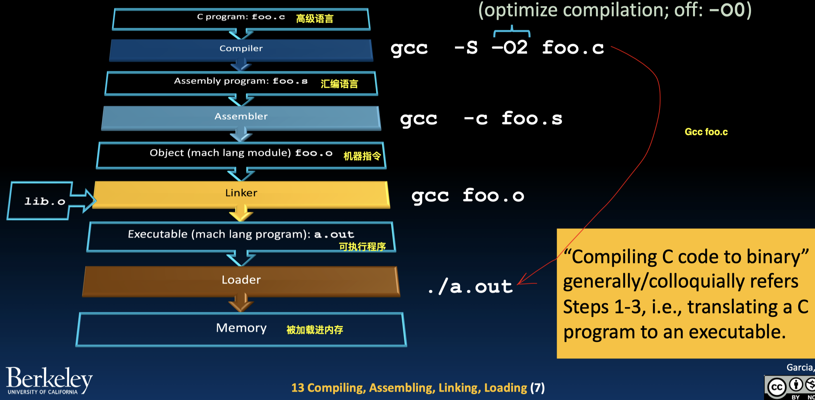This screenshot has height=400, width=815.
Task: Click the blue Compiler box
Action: pyautogui.click(x=241, y=49)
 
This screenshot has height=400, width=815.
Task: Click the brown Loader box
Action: pyautogui.click(x=241, y=280)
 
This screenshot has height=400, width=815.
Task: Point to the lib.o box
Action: pyautogui.click(x=45, y=201)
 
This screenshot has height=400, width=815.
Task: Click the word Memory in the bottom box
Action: pyautogui.click(x=241, y=328)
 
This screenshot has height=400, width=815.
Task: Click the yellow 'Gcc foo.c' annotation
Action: pyautogui.click(x=706, y=132)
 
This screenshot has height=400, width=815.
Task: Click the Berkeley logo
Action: pyautogui.click(x=49, y=380)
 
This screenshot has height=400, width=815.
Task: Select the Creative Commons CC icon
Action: pyautogui.click(x=777, y=387)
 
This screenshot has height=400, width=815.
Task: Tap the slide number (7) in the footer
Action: pyautogui.click(x=537, y=388)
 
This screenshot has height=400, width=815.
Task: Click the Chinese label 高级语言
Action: pyautogui.click(x=315, y=19)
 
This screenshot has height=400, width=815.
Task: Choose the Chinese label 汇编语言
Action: pyautogui.click(x=339, y=84)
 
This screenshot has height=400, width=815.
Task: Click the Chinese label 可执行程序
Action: pyautogui.click(x=362, y=247)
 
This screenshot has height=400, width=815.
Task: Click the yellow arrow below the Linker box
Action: pyautogui.click(x=241, y=214)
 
